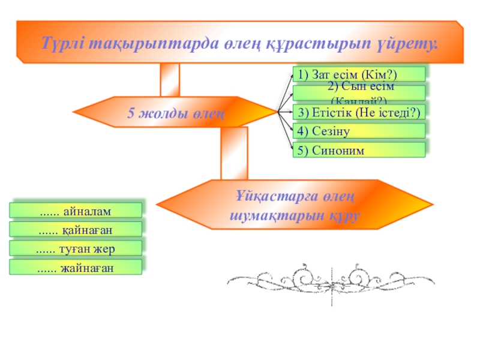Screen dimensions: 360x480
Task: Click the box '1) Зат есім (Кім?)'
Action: (359, 74)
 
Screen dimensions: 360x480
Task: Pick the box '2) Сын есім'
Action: (359, 92)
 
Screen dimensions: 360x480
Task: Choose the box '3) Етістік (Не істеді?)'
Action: (359, 112)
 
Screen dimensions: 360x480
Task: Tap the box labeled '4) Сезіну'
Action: (359, 131)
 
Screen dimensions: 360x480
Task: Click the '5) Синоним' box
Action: (359, 150)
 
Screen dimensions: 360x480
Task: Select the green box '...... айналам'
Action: (76, 210)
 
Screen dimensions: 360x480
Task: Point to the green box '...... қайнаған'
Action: (76, 229)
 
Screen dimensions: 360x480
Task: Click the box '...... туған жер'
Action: (76, 248)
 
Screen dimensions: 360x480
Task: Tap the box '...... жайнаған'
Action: (76, 268)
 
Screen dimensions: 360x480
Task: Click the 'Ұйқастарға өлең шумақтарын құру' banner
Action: (294, 205)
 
